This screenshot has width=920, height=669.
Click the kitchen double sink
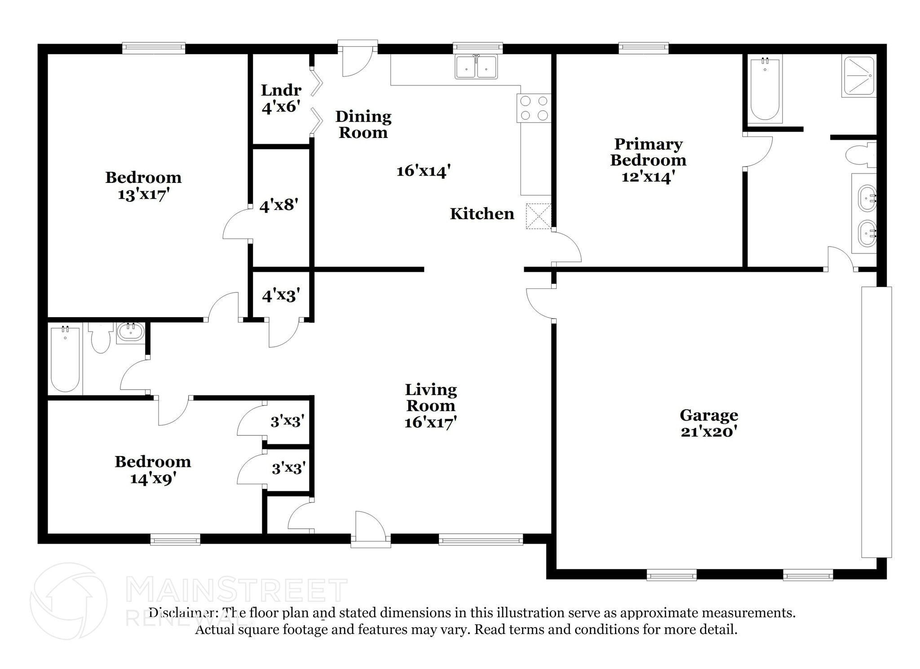point(476,67)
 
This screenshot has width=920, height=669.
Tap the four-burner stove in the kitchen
point(534,108)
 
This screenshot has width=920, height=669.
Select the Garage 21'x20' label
point(708,423)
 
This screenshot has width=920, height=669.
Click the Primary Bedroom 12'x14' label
point(648,160)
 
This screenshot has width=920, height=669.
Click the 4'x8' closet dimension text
point(279,205)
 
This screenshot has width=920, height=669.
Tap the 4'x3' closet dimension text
point(281,296)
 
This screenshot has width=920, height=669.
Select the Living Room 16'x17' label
point(430,406)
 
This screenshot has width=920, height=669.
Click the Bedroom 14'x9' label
point(153,470)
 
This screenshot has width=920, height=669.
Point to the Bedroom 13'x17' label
point(143,186)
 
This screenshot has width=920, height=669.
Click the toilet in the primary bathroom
point(860,155)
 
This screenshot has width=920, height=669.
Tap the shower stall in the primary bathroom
point(858,76)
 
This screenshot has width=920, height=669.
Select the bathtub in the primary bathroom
point(765,89)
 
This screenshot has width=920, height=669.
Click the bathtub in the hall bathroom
point(66,359)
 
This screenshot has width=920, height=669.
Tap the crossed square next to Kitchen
point(538,216)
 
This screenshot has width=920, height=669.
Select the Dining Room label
point(363,124)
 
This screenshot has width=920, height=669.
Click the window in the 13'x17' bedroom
point(154,48)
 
